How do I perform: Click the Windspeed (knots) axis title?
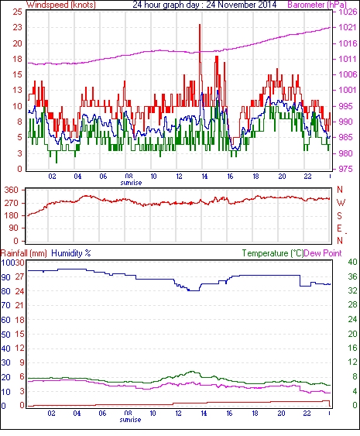click(x=61, y=5)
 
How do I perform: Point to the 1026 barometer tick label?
click(x=348, y=12)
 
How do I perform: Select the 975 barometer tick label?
click(x=345, y=169)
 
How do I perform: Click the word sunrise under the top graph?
click(x=131, y=183)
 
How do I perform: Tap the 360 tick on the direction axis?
click(x=11, y=191)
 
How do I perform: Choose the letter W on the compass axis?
click(x=341, y=203)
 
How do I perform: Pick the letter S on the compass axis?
click(x=339, y=215)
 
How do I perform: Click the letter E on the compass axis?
click(x=339, y=228)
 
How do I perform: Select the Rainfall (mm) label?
click(x=24, y=253)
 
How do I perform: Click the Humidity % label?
click(x=71, y=253)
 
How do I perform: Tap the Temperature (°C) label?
click(x=273, y=253)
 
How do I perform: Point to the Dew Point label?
click(x=323, y=253)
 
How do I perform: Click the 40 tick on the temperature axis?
click(x=352, y=262)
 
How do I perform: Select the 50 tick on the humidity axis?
click(x=6, y=335)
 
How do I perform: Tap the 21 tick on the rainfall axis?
click(x=19, y=305)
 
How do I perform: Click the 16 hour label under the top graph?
click(x=230, y=177)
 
